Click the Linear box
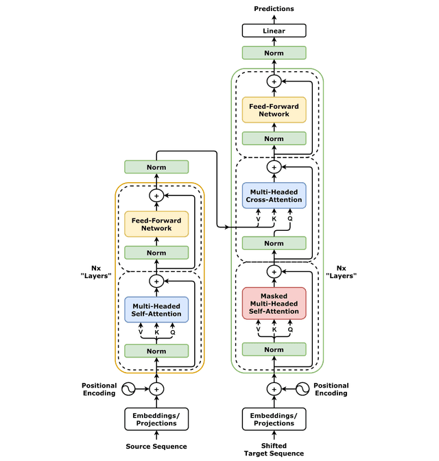274,31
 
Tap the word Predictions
274,9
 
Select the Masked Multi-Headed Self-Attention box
274,303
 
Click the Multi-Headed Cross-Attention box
274,196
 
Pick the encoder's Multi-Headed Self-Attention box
156,310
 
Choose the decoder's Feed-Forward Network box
274,110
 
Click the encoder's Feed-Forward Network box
156,224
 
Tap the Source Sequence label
156,447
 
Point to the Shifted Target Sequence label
274,449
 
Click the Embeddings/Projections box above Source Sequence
156,419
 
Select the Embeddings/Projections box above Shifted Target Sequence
274,419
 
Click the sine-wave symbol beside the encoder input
128,389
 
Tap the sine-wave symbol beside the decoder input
302,389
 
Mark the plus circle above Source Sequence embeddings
156,389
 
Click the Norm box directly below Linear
274,53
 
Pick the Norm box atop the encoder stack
156,167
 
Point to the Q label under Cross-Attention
290,219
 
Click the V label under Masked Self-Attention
258,329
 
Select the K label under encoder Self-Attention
156,332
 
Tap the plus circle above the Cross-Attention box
274,167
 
